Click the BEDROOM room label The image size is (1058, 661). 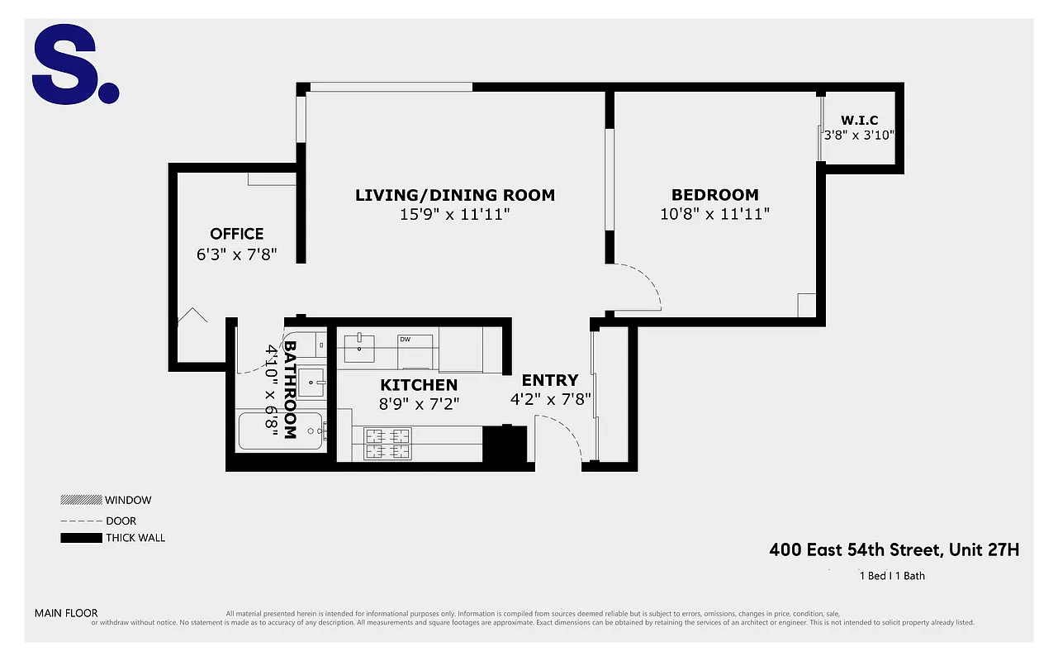[714, 195]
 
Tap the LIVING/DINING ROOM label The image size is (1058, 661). [455, 195]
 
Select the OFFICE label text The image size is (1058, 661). [236, 234]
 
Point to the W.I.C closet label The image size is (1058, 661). [859, 120]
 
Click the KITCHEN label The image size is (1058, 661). [418, 385]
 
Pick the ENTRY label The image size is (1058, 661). [549, 380]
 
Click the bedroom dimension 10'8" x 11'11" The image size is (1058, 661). [714, 214]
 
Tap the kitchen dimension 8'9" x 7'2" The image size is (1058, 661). [418, 404]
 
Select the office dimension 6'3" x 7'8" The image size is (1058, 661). [236, 254]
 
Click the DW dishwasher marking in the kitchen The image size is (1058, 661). [405, 340]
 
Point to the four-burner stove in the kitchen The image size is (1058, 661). [388, 444]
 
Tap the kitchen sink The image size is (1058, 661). [361, 345]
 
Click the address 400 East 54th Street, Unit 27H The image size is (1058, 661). [894, 549]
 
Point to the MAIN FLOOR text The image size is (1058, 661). [66, 613]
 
